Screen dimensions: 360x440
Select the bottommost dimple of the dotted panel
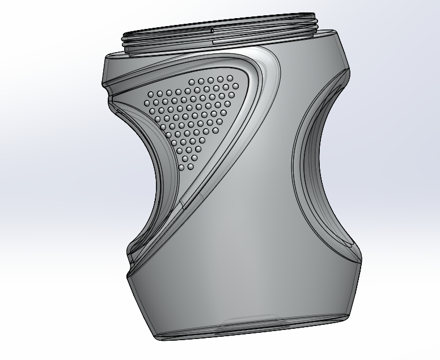pyautogui.click(x=182, y=168)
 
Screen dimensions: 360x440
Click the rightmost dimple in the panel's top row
pyautogui.click(x=230, y=78)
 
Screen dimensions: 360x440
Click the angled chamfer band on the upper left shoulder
pyautogui.click(x=113, y=71)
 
